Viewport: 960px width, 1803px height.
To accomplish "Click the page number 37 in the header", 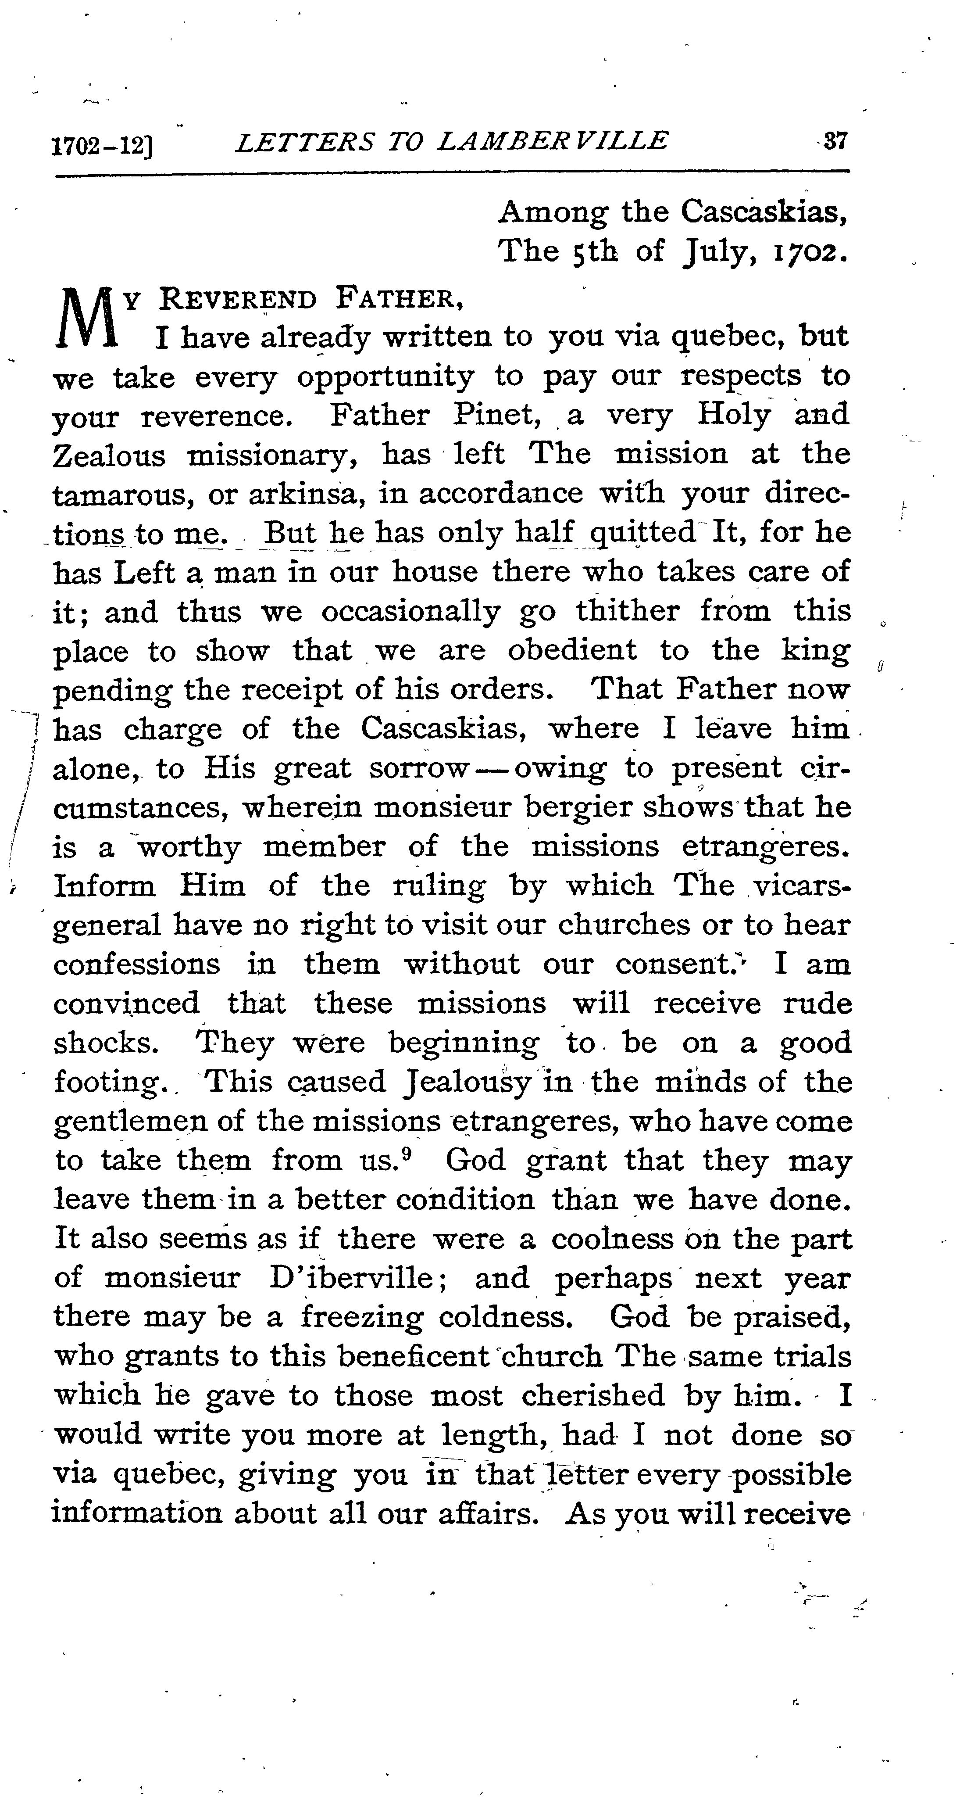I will click(836, 142).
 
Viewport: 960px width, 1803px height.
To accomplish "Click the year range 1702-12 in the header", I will click(103, 145).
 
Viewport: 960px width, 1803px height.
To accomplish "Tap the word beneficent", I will click(413, 1356).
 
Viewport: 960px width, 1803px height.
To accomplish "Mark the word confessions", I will click(136, 964).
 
